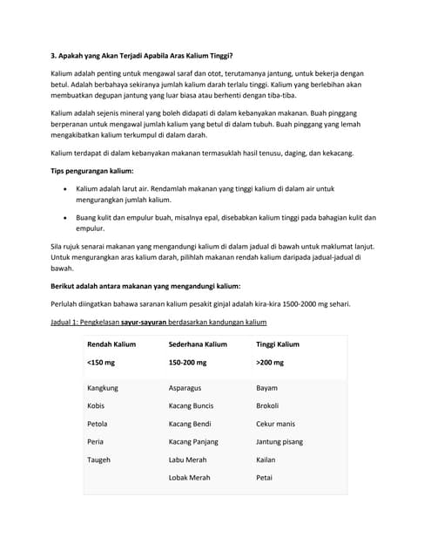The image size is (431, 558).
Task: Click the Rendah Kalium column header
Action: pos(111,344)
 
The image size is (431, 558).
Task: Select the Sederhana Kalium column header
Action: pos(198,344)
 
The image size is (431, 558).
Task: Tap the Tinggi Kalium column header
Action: pos(277,344)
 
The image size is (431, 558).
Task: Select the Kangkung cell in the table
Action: pos(103,387)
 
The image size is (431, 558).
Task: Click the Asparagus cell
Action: pos(186,387)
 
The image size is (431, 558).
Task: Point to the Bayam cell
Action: pos(267,387)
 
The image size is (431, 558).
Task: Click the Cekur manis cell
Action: pos(275,424)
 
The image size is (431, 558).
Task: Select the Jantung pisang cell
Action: pos(279,441)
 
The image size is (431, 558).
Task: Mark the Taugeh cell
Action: pos(99,459)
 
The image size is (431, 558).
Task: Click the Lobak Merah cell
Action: pos(190,478)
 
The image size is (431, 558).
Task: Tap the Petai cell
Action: pos(265,478)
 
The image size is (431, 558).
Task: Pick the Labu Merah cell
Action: pos(189,459)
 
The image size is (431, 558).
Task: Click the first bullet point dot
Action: pos(65,188)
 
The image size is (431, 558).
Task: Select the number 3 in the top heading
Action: pos(54,55)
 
